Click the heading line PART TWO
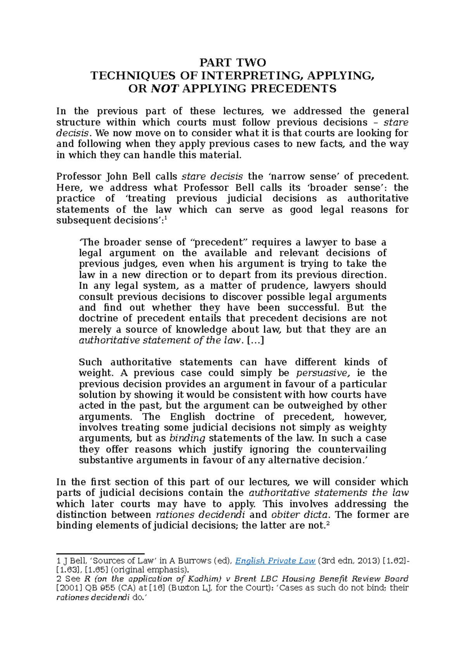click(x=232, y=62)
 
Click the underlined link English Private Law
click(x=275, y=561)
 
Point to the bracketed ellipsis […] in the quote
click(x=255, y=341)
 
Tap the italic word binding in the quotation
click(x=187, y=438)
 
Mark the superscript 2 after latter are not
click(x=328, y=524)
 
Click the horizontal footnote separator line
click(x=100, y=554)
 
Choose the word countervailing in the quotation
click(x=352, y=450)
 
